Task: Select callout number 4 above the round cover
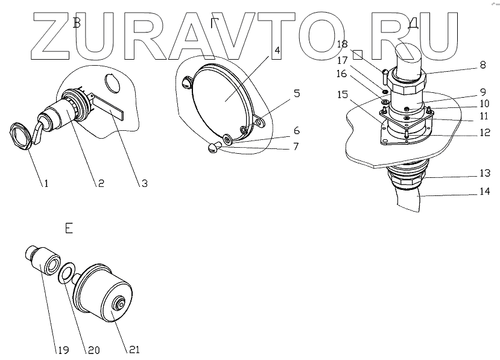click(277, 49)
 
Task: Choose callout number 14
click(484, 192)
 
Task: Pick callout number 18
click(341, 45)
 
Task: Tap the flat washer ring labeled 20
click(67, 271)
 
